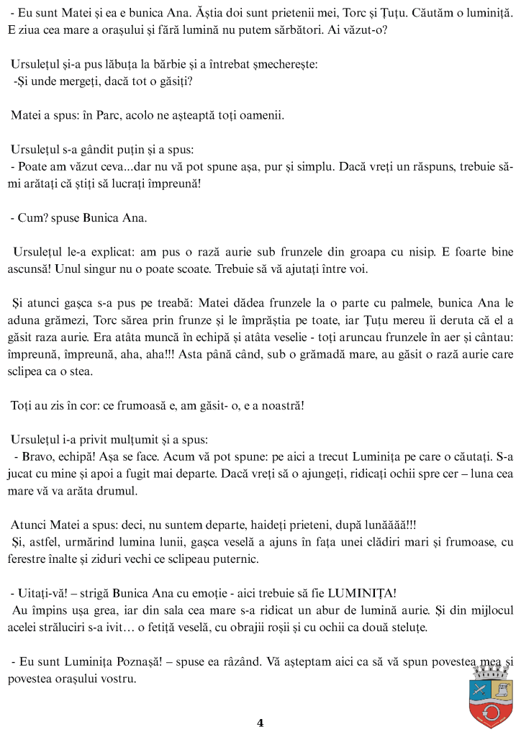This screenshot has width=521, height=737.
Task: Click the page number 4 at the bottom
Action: pos(260,723)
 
